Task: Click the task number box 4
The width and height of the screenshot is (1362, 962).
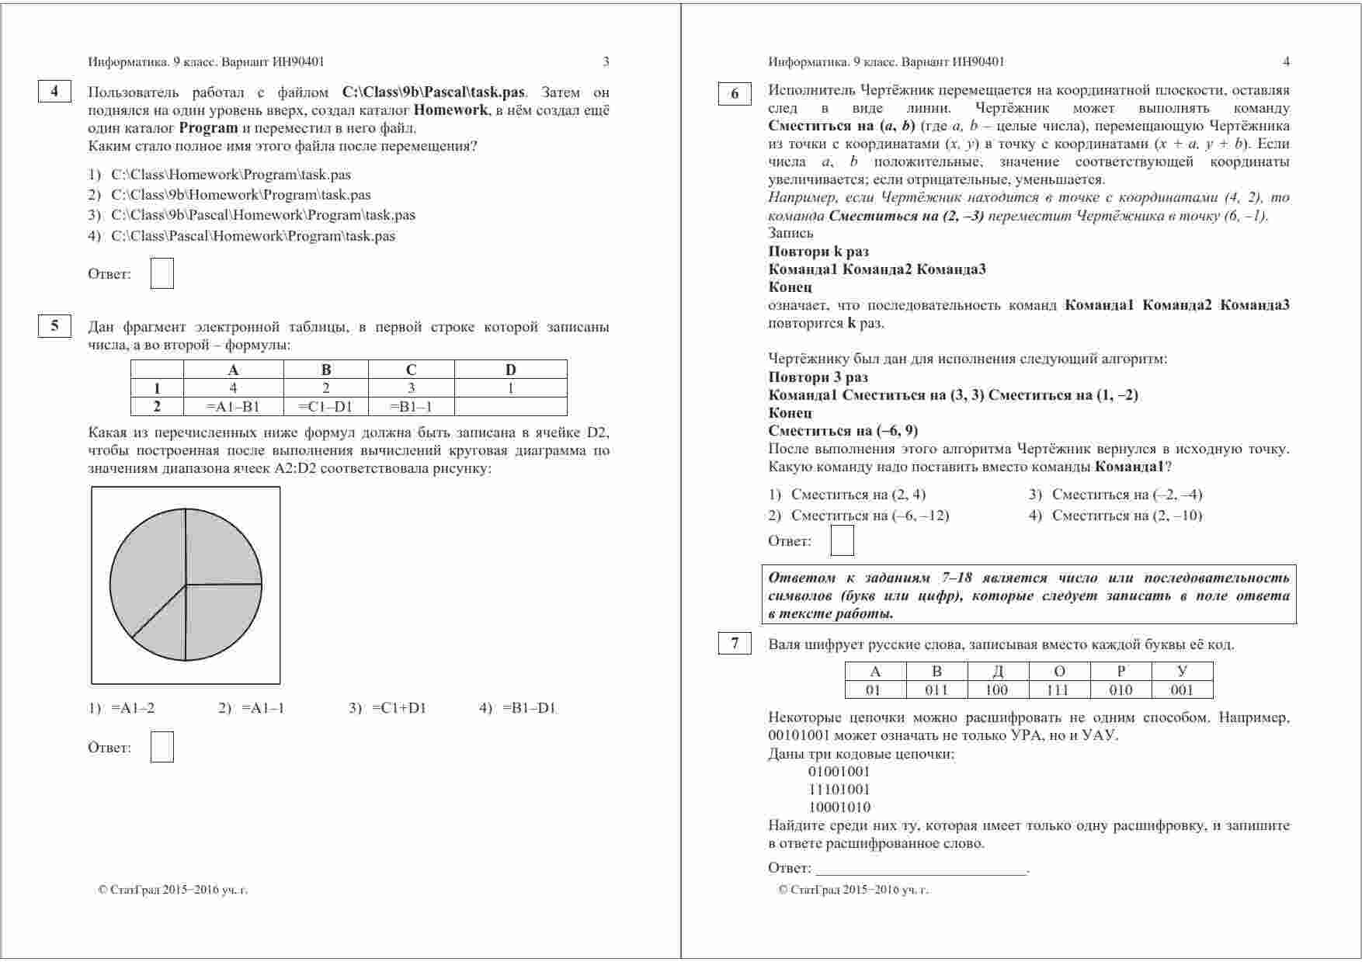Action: (54, 92)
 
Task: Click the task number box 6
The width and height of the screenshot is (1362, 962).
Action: (735, 94)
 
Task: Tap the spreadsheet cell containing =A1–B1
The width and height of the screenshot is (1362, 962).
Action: (233, 406)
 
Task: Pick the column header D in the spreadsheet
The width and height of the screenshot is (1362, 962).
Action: (510, 370)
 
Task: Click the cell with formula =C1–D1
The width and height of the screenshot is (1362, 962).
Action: (325, 406)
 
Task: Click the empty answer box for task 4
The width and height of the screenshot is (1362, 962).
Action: (162, 274)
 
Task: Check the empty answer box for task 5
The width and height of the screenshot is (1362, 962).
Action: (162, 747)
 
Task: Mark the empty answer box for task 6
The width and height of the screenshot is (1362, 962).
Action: (842, 540)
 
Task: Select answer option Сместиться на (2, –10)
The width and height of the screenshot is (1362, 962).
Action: (1127, 516)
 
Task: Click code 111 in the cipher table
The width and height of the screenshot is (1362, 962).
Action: (1058, 690)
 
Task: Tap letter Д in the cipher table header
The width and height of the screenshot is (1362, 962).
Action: (998, 672)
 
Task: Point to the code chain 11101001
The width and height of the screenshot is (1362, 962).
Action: (839, 790)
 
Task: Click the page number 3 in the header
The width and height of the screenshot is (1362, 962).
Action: (606, 62)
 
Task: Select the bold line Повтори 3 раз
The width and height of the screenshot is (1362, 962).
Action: (818, 377)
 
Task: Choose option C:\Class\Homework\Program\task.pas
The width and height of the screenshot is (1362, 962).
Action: (231, 175)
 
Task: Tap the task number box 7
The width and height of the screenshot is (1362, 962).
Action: (735, 644)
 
